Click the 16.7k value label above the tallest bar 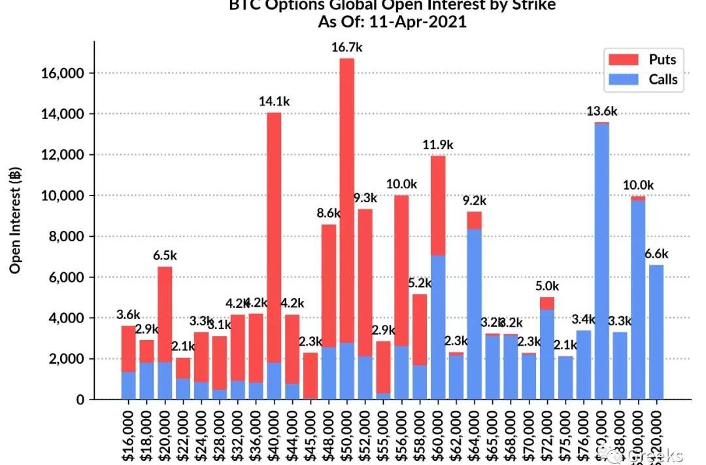coord(347,47)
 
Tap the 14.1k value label coord(274,101)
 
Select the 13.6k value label coord(602,111)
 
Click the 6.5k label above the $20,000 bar coord(165,255)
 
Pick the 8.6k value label coord(328,213)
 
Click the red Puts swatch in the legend coord(623,60)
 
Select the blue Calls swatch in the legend coord(623,80)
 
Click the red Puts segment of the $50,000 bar coord(347,196)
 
